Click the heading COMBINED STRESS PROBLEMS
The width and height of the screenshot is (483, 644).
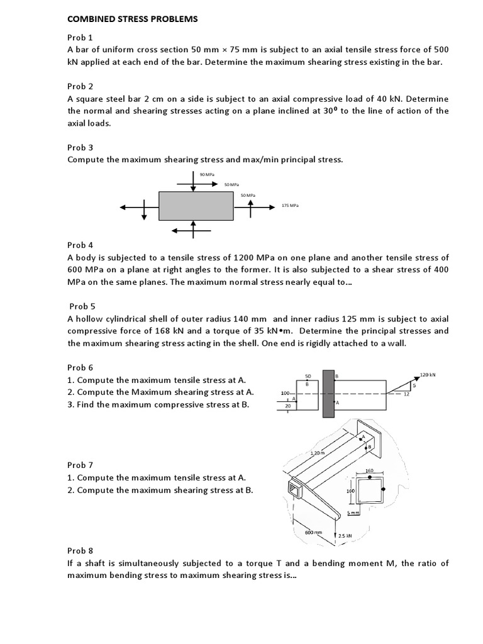point(132,19)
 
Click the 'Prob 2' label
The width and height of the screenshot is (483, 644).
point(80,86)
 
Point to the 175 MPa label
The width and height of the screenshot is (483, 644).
point(290,206)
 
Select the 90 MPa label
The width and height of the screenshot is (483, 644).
point(205,174)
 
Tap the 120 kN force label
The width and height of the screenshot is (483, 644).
point(428,375)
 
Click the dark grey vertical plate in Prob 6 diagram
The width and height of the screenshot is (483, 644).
point(328,394)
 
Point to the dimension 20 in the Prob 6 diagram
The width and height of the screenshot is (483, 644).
point(288,407)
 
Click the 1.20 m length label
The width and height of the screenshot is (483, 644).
point(318,453)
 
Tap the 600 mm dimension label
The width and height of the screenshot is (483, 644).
point(313,532)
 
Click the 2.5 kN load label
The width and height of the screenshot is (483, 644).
point(345,536)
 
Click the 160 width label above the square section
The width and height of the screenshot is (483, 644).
point(370,470)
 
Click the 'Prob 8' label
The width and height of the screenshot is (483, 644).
point(80,550)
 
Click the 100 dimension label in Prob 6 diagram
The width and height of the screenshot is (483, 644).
point(284,394)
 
